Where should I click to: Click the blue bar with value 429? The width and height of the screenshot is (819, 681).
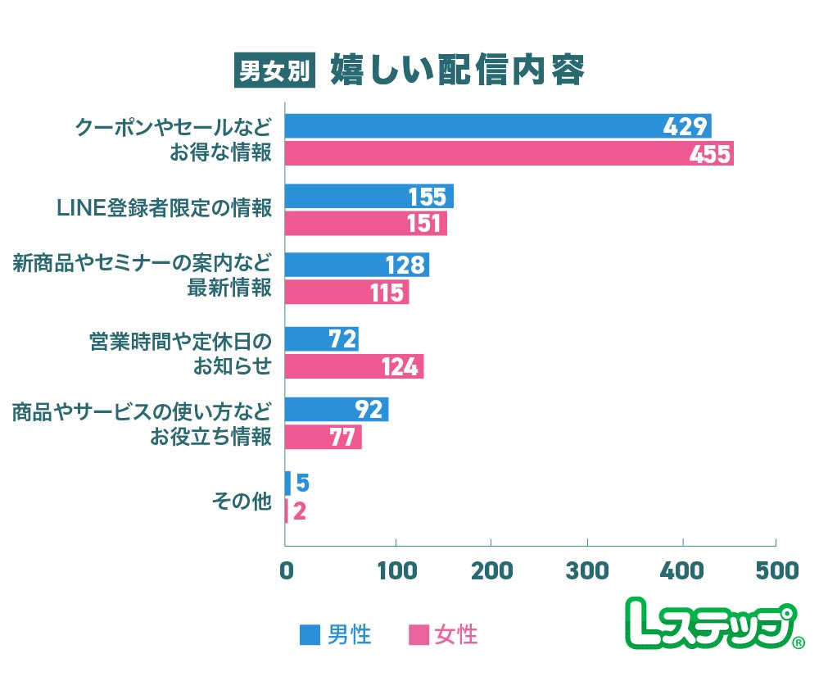(498, 126)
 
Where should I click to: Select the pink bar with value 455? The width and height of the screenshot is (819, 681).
(509, 153)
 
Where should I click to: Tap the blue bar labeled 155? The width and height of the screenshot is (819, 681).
(369, 197)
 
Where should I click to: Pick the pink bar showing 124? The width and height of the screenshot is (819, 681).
(354, 366)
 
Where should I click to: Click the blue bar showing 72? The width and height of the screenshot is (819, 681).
(321, 338)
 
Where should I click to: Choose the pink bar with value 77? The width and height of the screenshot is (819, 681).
(323, 437)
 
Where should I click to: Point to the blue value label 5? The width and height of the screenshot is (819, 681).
(301, 484)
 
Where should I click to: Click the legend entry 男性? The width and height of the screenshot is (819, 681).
(337, 633)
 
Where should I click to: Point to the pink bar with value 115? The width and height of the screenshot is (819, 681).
(346, 293)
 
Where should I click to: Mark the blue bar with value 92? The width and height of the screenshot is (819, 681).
(336, 409)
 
